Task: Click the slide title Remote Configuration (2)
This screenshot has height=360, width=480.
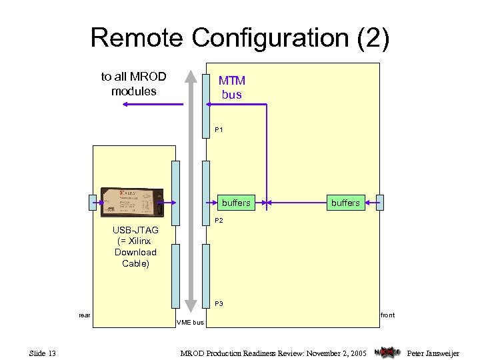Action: [x=239, y=37]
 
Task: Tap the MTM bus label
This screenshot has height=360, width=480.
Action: [x=232, y=87]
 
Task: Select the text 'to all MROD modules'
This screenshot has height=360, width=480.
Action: [x=133, y=83]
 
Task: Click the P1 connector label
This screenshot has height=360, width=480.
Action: [x=219, y=129]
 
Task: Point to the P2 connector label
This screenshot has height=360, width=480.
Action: [x=219, y=221]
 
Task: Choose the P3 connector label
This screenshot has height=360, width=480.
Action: [x=219, y=303]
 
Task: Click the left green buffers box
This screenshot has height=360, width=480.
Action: [x=236, y=203]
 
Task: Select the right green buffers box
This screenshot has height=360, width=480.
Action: [x=345, y=203]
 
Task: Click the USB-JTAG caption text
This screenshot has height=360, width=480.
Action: [x=135, y=247]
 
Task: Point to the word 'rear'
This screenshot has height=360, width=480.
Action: [x=85, y=315]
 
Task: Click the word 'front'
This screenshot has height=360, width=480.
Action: [x=387, y=315]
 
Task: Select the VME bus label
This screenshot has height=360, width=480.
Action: [x=190, y=323]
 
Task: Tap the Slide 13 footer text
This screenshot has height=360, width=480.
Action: [x=42, y=352]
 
